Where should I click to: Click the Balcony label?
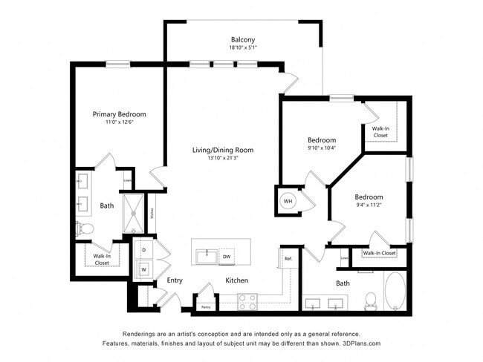coord(242,40)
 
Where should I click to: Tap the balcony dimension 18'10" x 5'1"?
coord(242,48)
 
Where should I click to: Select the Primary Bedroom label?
coord(119,114)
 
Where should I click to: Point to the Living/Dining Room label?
coord(223,150)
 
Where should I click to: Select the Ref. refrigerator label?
coord(288,257)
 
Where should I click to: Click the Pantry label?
coord(204,305)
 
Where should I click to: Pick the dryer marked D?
coord(143,251)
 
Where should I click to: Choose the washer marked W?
coord(143,268)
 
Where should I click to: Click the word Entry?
coord(175,280)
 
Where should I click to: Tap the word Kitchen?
coord(237,280)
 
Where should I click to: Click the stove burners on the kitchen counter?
coord(247,300)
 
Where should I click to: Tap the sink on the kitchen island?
coord(205,255)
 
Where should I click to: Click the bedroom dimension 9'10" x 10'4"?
coord(322,148)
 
